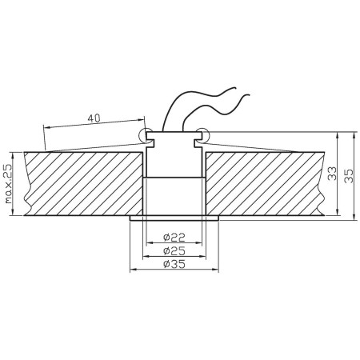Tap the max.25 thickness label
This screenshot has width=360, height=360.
coord(8,183)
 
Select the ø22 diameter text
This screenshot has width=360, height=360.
coord(174,238)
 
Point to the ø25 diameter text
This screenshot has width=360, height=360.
coord(174,251)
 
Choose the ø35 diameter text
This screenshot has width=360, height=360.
coord(174,265)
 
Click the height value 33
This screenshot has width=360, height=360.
coord(331,174)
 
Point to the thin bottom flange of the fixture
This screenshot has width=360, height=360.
coord(174,218)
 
